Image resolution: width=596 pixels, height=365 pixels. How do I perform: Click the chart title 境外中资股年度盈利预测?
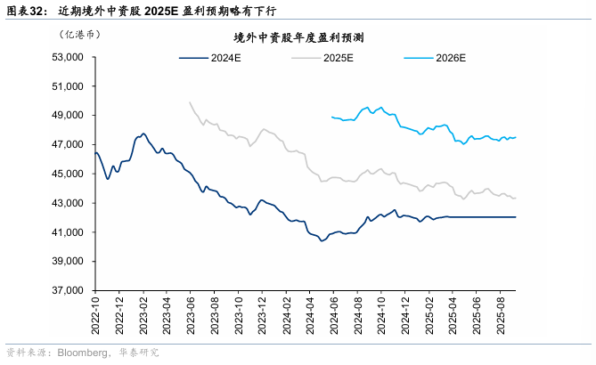297,37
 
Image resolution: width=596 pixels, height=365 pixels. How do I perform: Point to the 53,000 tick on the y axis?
68,57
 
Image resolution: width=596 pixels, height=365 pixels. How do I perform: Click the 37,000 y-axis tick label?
68,291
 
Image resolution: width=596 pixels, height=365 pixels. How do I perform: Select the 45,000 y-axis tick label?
68,174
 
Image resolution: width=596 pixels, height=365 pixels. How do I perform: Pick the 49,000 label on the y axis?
68,116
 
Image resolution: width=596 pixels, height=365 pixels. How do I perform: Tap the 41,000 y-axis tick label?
68,232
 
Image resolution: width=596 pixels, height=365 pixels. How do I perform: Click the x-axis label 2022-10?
95,315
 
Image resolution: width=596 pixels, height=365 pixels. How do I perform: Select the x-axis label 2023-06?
191,315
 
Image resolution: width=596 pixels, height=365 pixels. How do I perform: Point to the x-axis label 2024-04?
310,315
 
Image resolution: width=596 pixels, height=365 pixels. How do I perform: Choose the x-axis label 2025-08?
501,315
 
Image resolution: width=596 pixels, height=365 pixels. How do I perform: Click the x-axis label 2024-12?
405,315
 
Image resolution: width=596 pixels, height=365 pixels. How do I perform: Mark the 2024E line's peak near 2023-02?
143,134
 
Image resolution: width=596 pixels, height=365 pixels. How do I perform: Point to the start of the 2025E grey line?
190,101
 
